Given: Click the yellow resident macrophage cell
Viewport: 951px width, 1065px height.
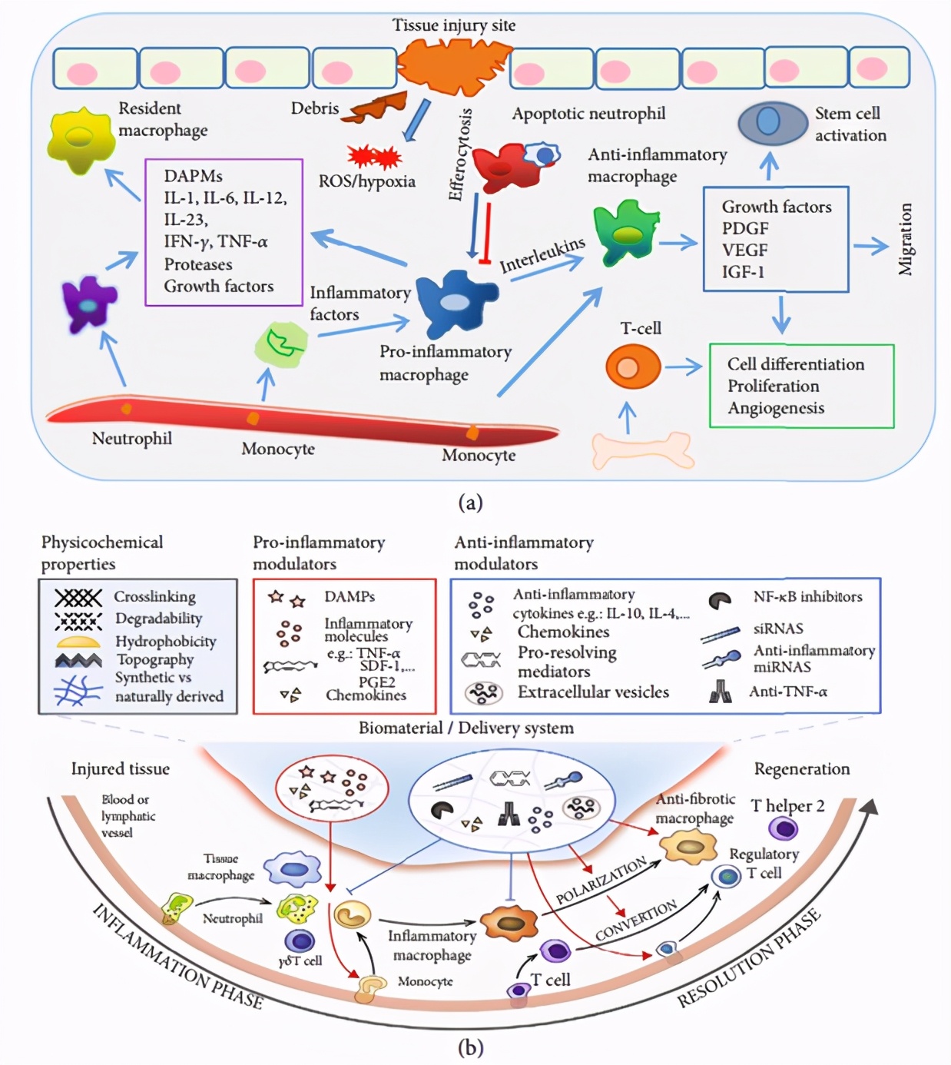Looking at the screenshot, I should (80, 139).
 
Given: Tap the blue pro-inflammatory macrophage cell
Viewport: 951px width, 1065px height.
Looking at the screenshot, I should (455, 302).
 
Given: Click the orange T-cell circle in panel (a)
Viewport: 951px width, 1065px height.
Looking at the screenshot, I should (632, 367).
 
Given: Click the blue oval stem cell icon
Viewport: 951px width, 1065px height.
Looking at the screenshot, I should (771, 123).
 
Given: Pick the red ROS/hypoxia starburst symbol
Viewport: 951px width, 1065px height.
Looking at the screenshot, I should (374, 157).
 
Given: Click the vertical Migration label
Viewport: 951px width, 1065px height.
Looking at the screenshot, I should (906, 239).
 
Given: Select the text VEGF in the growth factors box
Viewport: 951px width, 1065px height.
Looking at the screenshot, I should (744, 250).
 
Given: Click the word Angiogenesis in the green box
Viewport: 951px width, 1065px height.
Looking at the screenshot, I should (776, 408).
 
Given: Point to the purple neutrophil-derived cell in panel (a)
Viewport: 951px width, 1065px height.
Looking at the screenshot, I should (89, 304).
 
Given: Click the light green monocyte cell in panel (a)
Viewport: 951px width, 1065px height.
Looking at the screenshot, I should (281, 345).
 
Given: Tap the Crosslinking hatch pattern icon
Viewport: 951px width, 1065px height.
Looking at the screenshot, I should (78, 597).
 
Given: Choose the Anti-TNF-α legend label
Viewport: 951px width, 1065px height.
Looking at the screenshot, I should (788, 692).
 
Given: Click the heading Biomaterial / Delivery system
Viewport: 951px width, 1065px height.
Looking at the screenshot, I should (466, 728).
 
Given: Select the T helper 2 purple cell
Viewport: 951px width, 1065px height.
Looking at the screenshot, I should (783, 828).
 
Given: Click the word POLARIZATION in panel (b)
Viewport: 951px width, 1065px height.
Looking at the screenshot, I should (601, 881).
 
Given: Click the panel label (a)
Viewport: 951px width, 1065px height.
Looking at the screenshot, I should (470, 503).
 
